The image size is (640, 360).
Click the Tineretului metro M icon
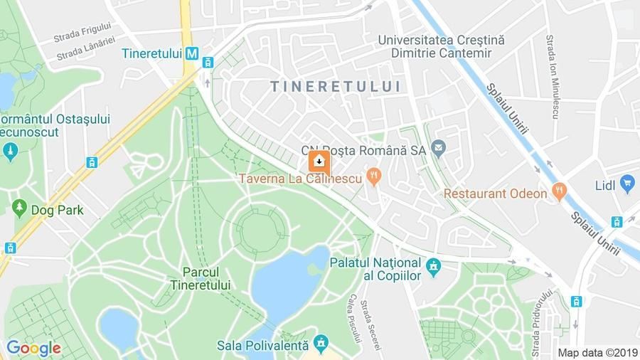191,53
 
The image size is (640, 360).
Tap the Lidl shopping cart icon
626,186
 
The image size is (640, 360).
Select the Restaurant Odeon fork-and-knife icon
560,192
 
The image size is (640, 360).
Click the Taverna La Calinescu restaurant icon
373,177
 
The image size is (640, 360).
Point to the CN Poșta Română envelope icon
438,149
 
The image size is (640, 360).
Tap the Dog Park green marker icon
20,209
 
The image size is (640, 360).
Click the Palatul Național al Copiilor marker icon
433,268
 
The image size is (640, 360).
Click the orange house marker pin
319,162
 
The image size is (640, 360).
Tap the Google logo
33,348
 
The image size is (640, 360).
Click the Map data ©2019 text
597,352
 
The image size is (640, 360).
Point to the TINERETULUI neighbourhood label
335,87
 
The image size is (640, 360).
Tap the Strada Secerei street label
370,323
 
